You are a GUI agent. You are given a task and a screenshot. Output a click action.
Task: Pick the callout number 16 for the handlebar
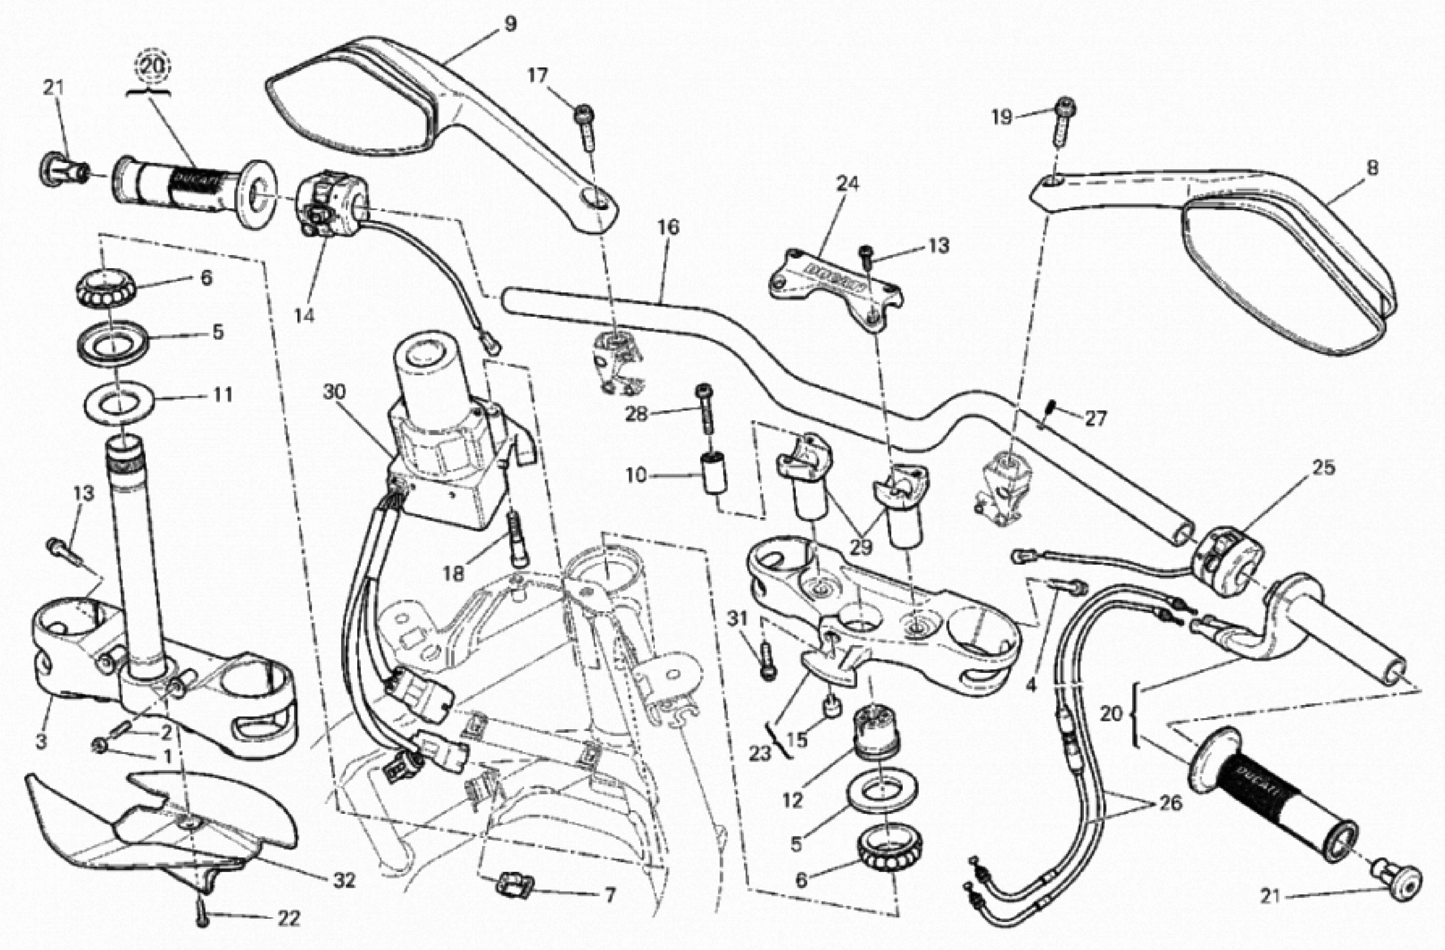point(668,228)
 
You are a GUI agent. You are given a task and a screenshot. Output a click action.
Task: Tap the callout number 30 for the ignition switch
point(333,393)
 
